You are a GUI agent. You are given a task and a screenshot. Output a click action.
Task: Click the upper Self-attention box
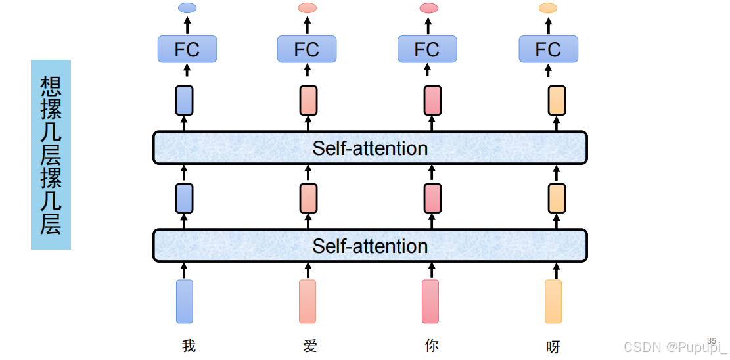click(x=370, y=148)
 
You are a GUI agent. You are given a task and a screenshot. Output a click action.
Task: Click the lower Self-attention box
click(x=370, y=246)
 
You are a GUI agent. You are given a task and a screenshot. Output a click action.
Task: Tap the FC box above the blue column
click(x=187, y=49)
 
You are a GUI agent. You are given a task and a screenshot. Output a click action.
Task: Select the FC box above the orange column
click(x=549, y=49)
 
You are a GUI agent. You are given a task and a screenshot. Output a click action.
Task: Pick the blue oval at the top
click(x=188, y=8)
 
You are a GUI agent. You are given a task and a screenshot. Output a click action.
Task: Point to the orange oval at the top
click(x=548, y=8)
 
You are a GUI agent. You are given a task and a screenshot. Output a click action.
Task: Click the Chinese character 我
click(x=189, y=346)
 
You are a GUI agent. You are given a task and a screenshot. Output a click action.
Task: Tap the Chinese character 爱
click(x=309, y=346)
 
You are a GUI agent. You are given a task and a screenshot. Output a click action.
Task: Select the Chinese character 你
click(x=432, y=346)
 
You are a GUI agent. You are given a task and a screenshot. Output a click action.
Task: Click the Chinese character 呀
click(x=553, y=347)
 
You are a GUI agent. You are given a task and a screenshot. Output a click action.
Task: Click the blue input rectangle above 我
click(x=185, y=302)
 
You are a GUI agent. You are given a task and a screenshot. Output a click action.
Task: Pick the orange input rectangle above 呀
click(x=553, y=302)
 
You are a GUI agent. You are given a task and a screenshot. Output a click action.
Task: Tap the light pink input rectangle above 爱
click(x=308, y=302)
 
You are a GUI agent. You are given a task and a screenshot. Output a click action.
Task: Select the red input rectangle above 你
click(x=430, y=302)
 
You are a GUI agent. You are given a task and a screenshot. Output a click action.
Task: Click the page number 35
click(x=712, y=340)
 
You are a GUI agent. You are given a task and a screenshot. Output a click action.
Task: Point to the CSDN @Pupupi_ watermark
click(x=675, y=347)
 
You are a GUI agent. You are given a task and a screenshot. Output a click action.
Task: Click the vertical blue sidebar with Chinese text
click(x=51, y=154)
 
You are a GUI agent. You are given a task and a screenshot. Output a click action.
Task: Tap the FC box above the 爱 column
click(x=308, y=49)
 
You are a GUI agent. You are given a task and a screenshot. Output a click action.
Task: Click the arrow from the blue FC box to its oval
click(x=188, y=25)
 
